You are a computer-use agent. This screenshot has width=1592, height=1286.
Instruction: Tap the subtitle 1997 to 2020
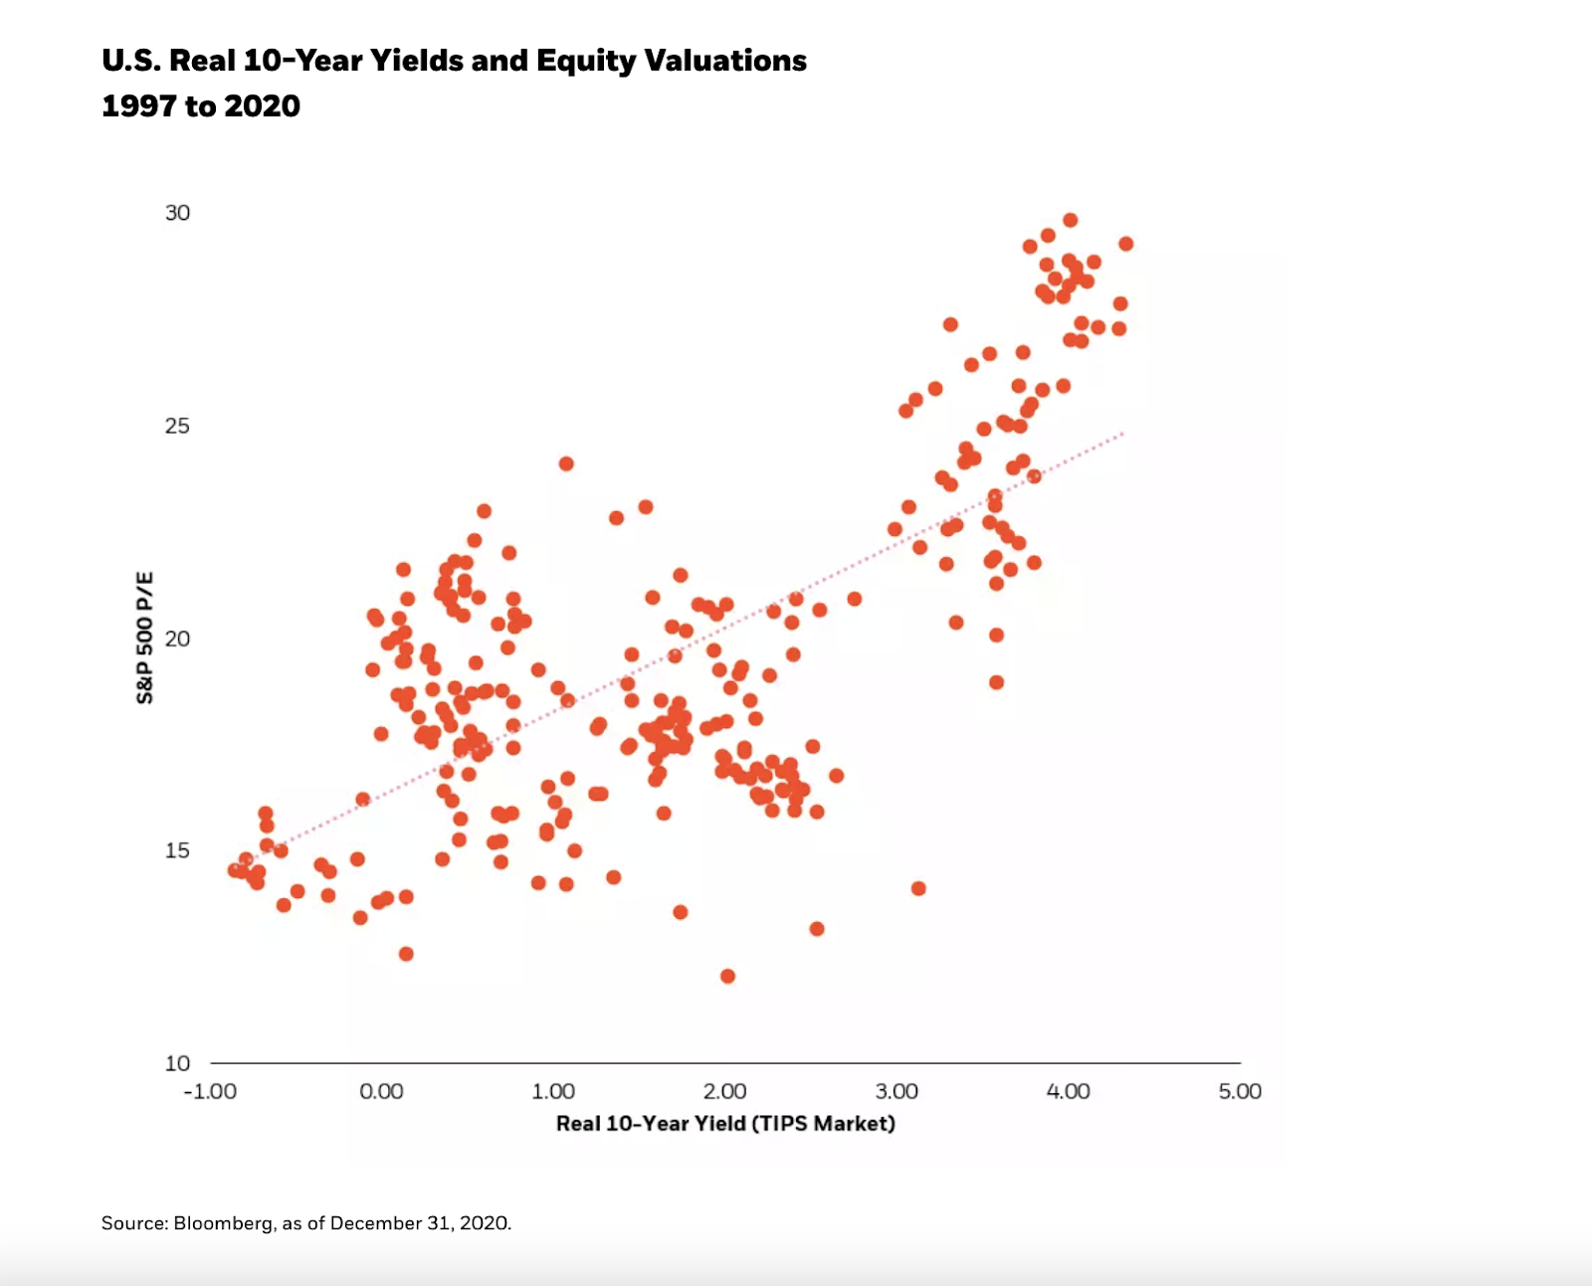tap(201, 106)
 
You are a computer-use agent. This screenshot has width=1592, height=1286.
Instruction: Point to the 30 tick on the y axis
tap(177, 213)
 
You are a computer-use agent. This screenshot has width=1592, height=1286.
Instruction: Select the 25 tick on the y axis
tap(177, 426)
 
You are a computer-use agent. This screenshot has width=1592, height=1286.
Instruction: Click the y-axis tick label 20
tap(177, 639)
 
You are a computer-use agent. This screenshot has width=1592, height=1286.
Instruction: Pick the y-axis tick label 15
tap(177, 850)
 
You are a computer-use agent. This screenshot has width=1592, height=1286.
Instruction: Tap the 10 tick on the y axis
tap(177, 1063)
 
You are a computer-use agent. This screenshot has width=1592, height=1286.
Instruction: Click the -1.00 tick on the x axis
tap(210, 1091)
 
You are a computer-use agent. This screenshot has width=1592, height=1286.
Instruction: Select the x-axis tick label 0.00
tap(381, 1091)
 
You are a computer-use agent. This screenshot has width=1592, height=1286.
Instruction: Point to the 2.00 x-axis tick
tap(724, 1091)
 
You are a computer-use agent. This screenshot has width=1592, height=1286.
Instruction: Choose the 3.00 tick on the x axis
tap(896, 1091)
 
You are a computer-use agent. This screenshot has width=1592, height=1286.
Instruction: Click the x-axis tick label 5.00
tap(1240, 1091)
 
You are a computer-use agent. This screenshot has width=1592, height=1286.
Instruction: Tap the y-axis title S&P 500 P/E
tap(145, 638)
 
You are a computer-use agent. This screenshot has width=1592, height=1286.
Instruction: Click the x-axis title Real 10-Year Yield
tap(650, 1124)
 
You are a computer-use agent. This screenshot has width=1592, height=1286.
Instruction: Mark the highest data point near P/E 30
tap(1070, 221)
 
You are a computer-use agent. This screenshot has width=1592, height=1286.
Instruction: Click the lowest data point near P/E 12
tap(727, 976)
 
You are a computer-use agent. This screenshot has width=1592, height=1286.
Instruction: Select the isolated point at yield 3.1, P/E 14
tap(918, 888)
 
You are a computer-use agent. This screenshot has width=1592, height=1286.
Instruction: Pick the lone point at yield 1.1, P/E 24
tap(566, 463)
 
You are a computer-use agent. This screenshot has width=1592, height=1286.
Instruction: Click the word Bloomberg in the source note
tap(223, 1223)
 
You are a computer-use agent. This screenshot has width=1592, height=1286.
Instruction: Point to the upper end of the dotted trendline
tap(1122, 434)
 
